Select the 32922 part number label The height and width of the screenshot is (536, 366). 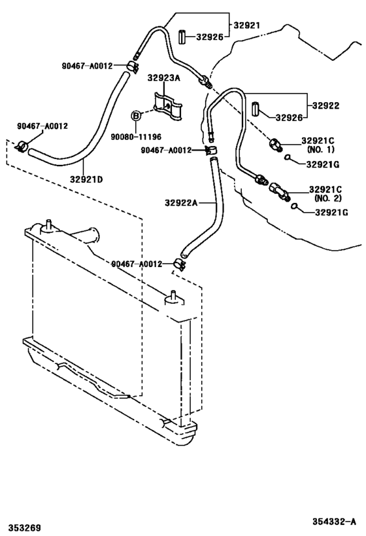coord(325,105)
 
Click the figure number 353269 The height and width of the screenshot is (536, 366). coord(25,527)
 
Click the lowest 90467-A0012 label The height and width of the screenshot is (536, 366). coord(136,264)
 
